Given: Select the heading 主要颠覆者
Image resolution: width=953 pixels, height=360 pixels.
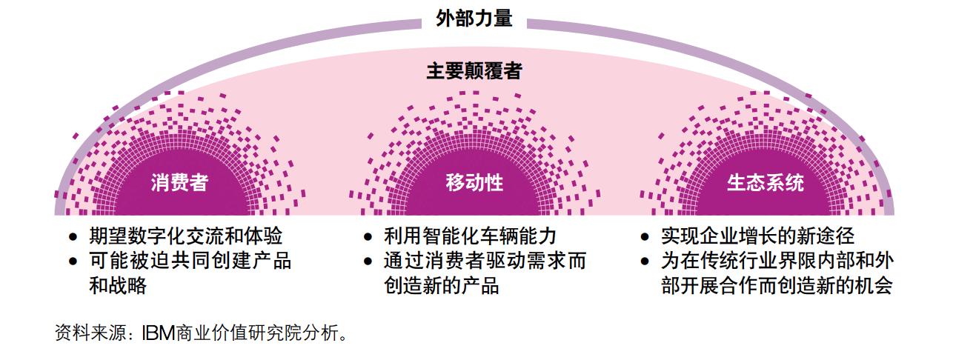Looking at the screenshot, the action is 474,71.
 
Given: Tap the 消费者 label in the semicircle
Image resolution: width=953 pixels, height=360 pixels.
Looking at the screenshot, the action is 179,183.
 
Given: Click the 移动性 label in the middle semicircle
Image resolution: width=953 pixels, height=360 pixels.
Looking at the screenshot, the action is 474,183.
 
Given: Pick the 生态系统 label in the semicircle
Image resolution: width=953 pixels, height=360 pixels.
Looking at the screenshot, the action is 766,183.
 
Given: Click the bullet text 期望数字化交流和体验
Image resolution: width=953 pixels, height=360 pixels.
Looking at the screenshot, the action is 185,236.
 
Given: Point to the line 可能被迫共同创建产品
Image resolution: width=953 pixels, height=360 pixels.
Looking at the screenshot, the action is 190,261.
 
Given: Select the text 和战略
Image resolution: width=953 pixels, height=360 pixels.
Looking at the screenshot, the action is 118,285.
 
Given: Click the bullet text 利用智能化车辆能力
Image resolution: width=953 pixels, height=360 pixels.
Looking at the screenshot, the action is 470,236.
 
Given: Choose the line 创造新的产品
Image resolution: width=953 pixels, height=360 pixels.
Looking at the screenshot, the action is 441,285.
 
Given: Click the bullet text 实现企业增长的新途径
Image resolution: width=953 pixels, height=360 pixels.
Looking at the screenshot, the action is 758,236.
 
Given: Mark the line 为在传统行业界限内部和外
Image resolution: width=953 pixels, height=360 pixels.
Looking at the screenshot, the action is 777,261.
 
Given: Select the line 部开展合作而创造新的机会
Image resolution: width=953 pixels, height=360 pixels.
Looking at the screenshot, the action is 777,285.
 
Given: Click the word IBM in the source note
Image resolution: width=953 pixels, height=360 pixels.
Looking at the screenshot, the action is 159,333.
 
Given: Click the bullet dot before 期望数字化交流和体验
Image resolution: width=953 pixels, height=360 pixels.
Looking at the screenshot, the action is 73,237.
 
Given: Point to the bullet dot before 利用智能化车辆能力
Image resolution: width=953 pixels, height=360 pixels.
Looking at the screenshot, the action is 368,237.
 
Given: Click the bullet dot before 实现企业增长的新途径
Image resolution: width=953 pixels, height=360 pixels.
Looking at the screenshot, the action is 645,237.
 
